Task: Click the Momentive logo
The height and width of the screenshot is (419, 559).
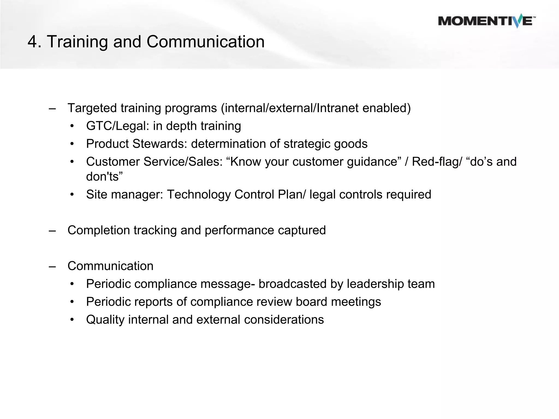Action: [x=487, y=21]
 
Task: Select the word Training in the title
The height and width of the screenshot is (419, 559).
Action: [x=78, y=43]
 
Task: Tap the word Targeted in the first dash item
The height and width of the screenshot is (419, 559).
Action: [x=92, y=108]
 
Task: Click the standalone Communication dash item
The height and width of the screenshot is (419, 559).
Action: [x=110, y=266]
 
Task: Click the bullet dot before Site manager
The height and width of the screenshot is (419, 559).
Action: [x=72, y=195]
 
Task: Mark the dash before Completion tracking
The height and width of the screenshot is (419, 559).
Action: [x=52, y=231]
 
